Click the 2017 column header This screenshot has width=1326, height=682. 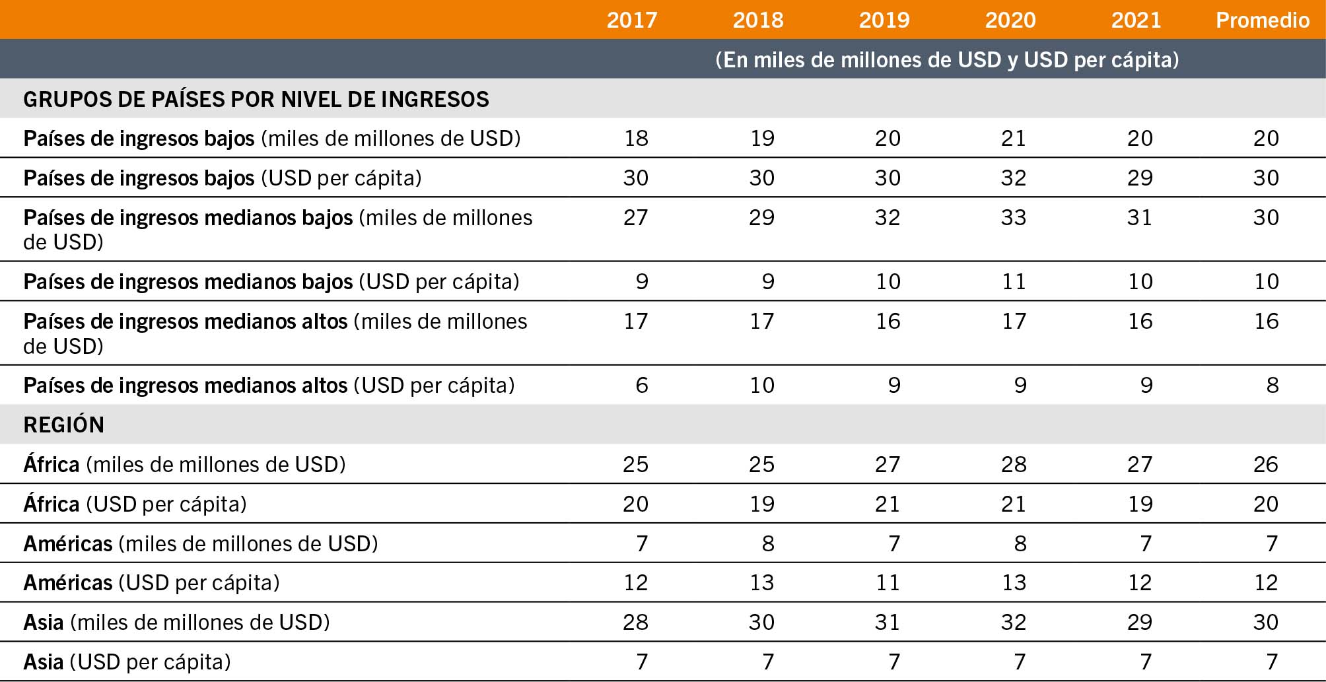coord(632,20)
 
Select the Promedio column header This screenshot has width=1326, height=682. coord(1263,20)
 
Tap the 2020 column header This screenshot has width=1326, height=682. coord(1010,20)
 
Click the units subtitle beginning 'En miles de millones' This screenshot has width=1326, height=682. coord(948,59)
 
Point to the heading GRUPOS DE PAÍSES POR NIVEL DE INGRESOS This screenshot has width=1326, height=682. coord(256,99)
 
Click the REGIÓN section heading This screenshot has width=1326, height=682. coord(64,425)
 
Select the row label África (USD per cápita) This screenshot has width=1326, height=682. coord(135,504)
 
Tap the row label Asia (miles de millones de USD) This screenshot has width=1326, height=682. coord(176,622)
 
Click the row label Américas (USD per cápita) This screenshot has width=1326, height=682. coord(151,582)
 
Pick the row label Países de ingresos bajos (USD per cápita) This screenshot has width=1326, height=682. coord(223,178)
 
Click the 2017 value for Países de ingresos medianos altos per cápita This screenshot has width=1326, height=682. coord(642,385)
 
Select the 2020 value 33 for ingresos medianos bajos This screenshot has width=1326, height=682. coord(1013,217)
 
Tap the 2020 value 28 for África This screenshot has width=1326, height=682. coord(1013,464)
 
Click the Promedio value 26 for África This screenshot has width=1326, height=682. coord(1265,464)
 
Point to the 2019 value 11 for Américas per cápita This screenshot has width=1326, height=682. coord(888,582)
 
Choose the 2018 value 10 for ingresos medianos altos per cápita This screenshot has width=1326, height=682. coord(761,385)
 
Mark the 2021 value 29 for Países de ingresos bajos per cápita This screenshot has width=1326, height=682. coord(1140,178)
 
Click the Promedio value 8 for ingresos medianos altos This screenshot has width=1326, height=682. coord(1273,385)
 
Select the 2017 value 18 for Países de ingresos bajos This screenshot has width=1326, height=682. coord(636,138)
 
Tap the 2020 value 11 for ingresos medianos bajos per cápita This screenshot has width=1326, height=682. coord(1014,281)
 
